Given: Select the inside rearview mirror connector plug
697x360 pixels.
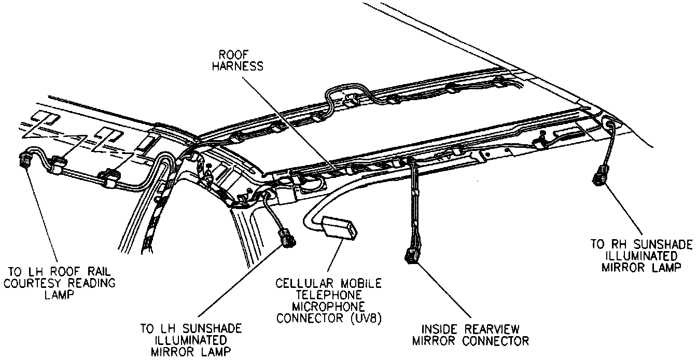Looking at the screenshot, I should (412, 255).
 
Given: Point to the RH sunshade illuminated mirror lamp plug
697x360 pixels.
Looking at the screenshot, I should (601, 175).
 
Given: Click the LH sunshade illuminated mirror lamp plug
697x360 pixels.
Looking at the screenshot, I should (287, 239).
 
